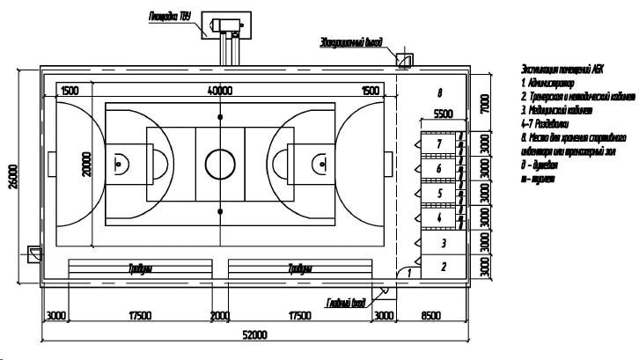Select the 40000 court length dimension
[x=220, y=91]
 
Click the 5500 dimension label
[x=443, y=114]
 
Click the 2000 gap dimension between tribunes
[x=219, y=315]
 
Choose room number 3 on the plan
[x=443, y=243]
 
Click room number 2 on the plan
[x=443, y=267]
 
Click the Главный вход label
[x=346, y=304]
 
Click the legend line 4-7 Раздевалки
[x=552, y=125]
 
